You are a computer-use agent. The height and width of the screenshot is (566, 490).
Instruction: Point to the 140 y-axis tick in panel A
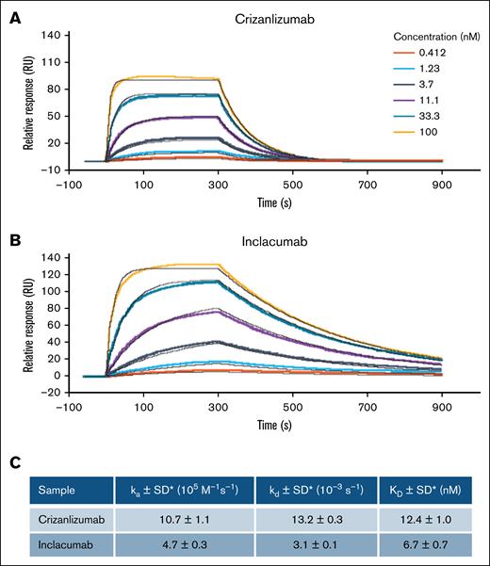[x=52, y=35]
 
